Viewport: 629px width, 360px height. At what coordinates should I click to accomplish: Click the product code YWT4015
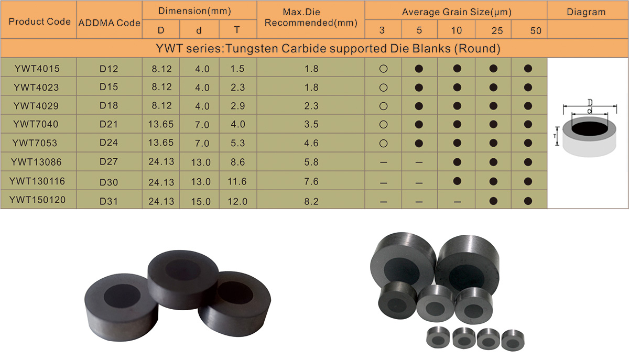tap(37, 69)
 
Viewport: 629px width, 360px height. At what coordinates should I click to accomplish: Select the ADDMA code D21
tap(109, 124)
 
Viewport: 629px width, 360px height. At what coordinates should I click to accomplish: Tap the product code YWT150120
tap(37, 200)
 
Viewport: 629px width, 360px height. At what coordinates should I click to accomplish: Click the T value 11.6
tap(237, 181)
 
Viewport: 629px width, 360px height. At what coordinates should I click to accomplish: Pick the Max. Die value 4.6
tap(311, 143)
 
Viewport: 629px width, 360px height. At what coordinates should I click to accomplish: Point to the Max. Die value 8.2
tap(311, 201)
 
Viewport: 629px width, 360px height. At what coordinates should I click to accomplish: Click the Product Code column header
tap(40, 21)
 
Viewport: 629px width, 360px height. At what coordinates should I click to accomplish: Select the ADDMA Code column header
tap(109, 23)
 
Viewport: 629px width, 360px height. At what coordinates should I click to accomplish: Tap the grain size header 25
tap(497, 30)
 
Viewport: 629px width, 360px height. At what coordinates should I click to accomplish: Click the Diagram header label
tap(586, 12)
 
